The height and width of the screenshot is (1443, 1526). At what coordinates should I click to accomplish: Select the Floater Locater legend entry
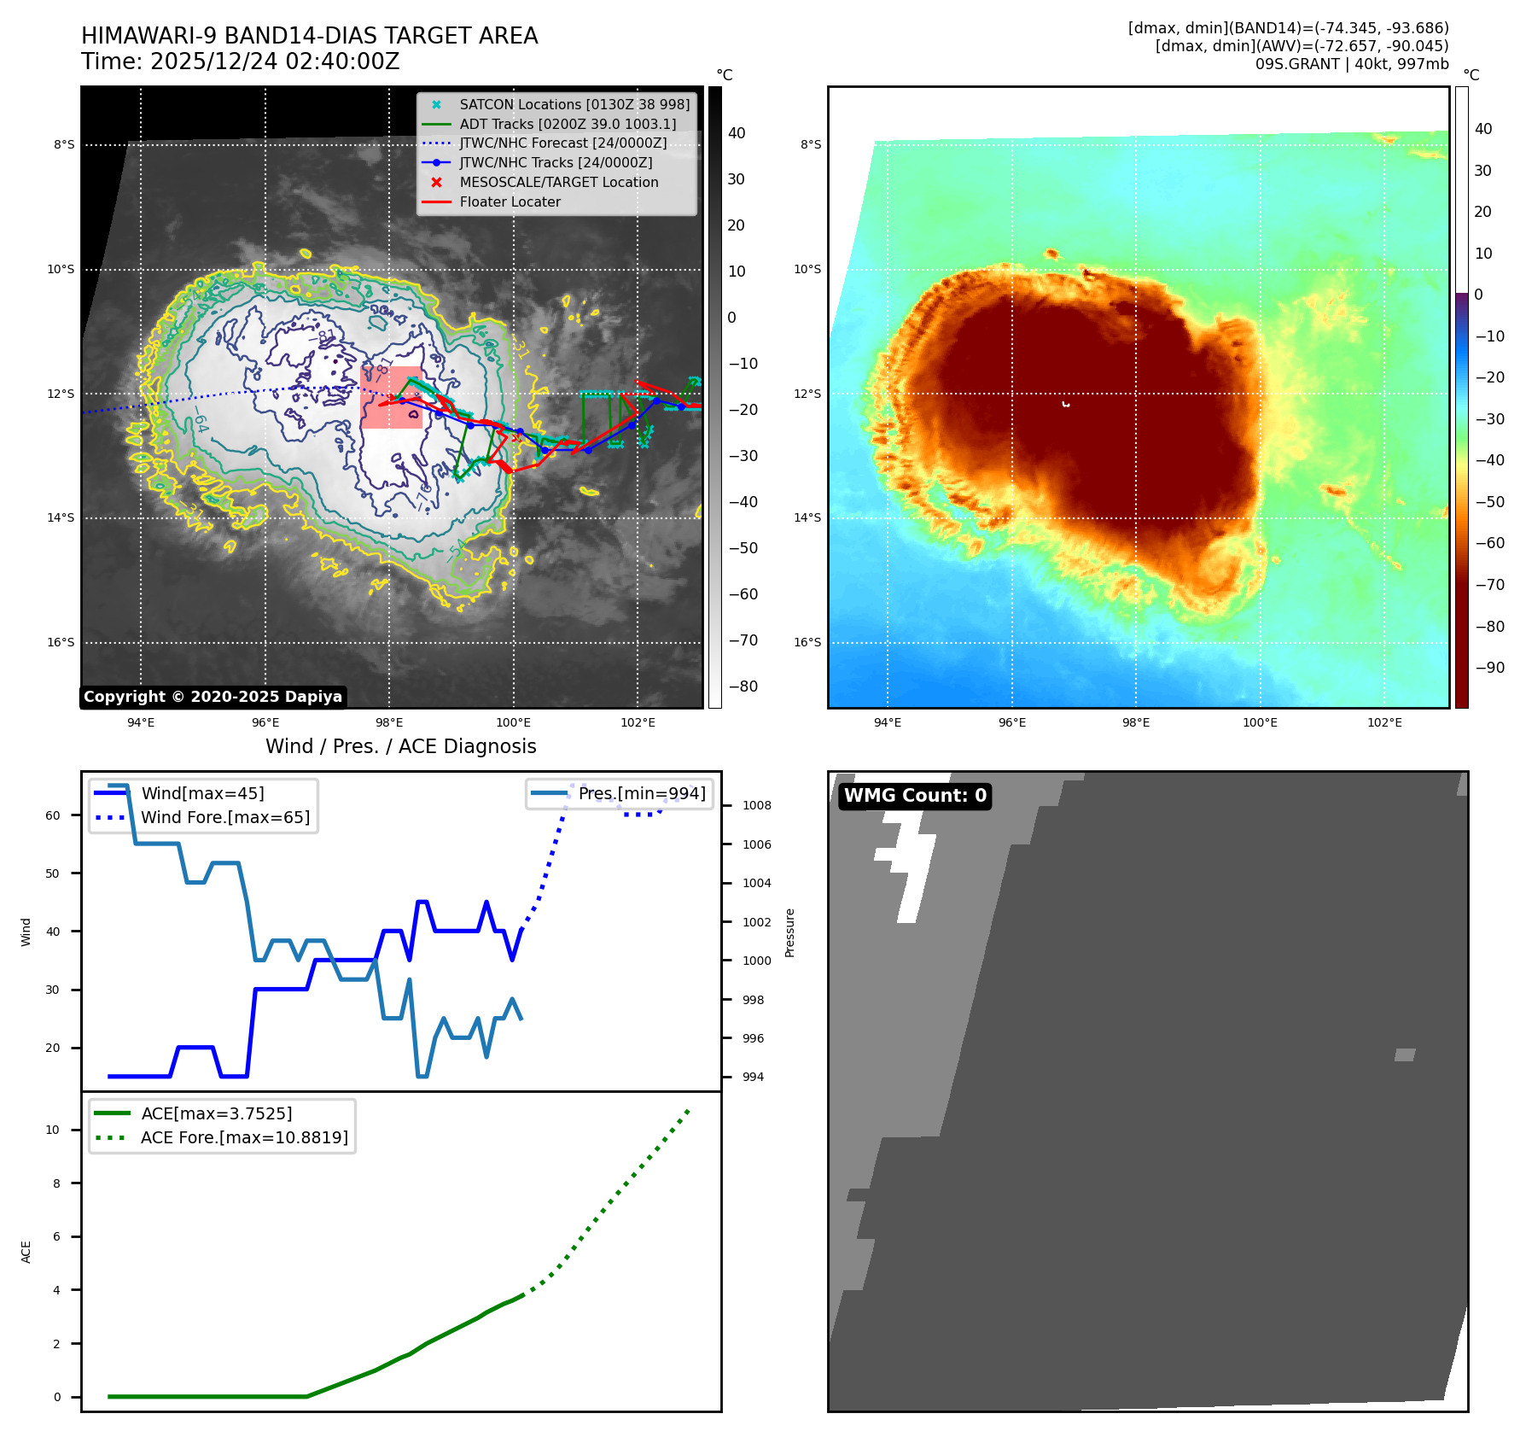point(510,202)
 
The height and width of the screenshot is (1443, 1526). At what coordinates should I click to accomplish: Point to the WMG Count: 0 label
point(915,796)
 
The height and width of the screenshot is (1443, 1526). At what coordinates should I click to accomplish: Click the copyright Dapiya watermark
point(213,697)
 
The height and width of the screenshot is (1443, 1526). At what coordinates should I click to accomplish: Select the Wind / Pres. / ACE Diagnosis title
point(400,746)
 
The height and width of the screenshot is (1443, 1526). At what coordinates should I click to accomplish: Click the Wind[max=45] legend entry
point(202,793)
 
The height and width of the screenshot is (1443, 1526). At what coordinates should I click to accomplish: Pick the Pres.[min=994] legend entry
point(641,793)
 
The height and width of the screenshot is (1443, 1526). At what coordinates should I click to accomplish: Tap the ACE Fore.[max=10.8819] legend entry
point(244,1137)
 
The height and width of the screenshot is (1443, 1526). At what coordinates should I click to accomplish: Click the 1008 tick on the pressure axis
point(756,805)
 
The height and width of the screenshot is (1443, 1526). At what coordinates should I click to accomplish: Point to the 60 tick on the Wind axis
point(53,815)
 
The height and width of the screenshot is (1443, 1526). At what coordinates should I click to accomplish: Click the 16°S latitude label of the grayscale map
point(61,643)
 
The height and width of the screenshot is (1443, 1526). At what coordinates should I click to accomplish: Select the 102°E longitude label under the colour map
point(1384,722)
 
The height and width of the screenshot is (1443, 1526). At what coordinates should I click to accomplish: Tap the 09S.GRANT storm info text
point(1351,64)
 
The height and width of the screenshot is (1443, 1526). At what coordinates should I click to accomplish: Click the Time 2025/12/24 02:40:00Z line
point(241,62)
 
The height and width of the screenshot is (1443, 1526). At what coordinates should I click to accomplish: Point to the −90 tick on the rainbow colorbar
point(1490,668)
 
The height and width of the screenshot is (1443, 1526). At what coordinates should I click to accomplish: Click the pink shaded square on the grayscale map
point(392,398)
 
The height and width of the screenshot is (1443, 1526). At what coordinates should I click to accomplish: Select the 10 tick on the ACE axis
point(53,1130)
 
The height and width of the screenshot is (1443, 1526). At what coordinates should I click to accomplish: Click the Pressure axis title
point(789,932)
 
